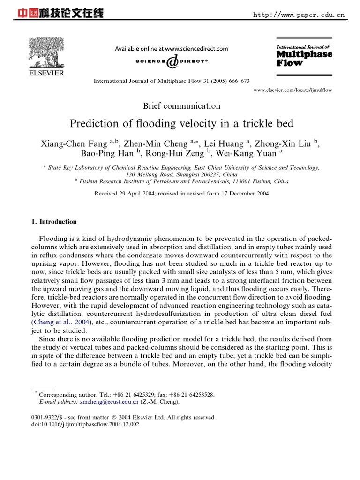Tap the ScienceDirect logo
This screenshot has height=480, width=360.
(172, 61)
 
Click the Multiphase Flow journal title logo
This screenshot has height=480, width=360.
(304, 55)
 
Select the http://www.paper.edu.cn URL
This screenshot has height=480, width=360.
(299, 15)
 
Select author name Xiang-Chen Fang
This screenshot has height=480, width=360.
(75, 143)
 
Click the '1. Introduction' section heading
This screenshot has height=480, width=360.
(53, 222)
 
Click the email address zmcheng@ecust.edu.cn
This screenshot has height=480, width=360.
(109, 402)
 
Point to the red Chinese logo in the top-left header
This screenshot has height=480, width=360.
(60, 14)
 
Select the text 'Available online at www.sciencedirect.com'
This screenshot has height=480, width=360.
(172, 48)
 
